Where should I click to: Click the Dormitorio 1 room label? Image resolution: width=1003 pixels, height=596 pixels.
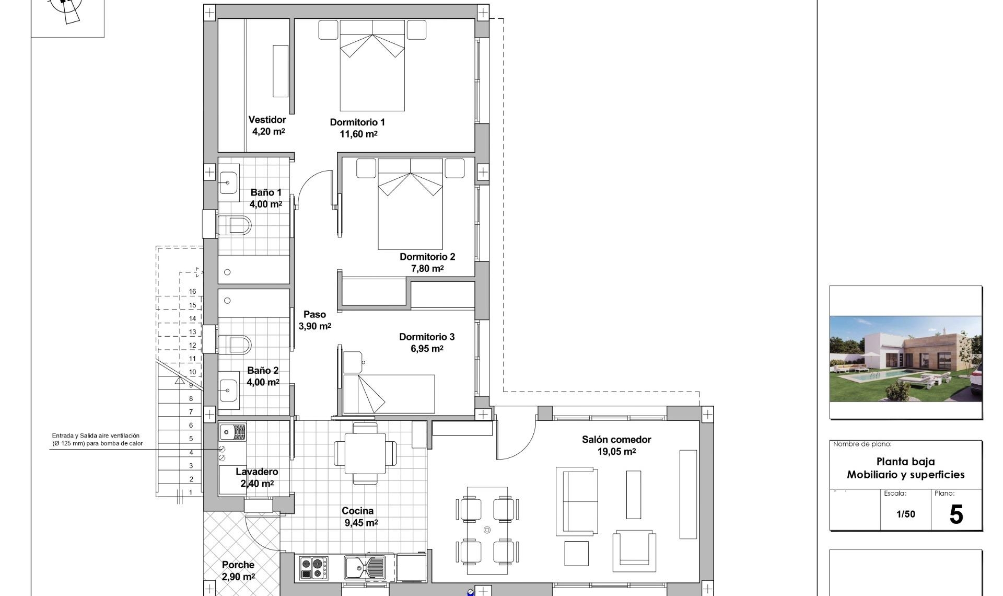(357, 122)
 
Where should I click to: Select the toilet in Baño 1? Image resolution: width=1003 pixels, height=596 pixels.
(235, 226)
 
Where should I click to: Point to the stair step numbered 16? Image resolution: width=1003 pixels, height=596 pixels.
(193, 292)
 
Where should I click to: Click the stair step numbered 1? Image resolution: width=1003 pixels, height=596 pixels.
(191, 492)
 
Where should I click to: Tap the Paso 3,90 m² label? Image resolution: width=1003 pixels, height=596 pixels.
(314, 320)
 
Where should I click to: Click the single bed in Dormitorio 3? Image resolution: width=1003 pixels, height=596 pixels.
(389, 393)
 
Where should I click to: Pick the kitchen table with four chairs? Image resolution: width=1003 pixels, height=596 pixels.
(365, 453)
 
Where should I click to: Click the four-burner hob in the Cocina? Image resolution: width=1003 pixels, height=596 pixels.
(313, 568)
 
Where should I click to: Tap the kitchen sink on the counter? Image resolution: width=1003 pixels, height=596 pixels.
(364, 567)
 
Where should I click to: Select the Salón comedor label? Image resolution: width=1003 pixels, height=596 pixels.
(616, 440)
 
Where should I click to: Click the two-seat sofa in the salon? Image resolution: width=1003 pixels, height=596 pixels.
(577, 501)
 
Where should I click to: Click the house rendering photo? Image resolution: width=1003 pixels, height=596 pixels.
(906, 359)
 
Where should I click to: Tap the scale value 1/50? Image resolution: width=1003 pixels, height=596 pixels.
(905, 514)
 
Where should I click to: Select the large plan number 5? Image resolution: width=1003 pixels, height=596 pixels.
(955, 514)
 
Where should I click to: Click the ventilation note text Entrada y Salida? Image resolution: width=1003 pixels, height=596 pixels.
(96, 435)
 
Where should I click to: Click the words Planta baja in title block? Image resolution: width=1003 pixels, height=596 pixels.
(905, 462)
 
